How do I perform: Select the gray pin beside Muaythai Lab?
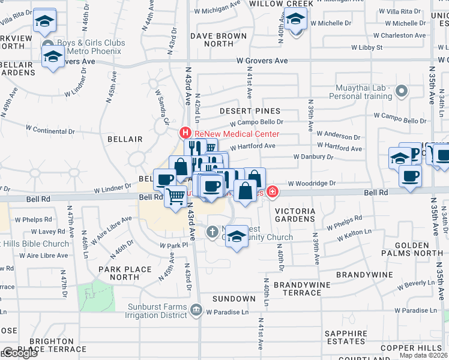coord(402,92)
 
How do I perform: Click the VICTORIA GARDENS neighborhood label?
coord(295,215)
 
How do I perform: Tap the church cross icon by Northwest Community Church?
coord(212,232)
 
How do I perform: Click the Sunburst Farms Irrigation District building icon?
coord(196,310)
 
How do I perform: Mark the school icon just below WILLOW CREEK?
coord(294,21)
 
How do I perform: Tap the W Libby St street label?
coord(367,47)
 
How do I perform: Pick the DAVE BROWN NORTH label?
coord(218,40)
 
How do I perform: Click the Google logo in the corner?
coord(19,352)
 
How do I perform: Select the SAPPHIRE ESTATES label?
coord(345,337)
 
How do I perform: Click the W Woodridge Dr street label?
coord(312,184)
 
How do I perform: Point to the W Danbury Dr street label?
coord(313,157)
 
